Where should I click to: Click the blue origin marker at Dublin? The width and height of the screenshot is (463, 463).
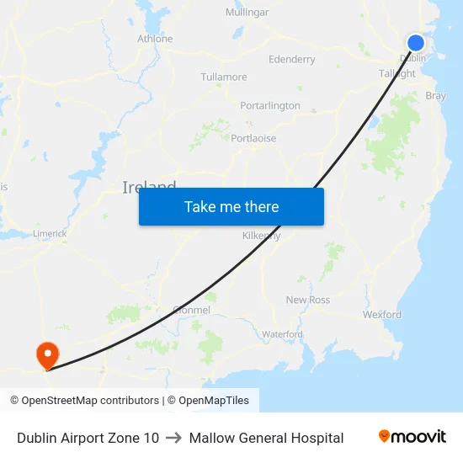416,43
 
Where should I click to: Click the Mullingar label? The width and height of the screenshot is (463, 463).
247,13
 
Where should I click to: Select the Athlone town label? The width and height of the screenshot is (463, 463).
155,39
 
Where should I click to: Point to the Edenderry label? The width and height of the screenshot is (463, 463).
291,60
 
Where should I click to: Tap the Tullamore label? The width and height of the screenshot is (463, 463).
224,77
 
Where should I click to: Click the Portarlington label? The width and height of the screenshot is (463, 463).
270,106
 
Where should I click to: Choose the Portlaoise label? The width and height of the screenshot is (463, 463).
253,139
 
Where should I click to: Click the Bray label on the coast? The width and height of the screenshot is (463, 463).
436,96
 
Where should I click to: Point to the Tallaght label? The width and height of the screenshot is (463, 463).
397,74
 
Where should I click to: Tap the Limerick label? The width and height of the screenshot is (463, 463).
50,234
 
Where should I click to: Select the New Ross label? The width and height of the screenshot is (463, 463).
308,301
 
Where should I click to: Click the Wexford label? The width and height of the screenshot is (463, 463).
382,315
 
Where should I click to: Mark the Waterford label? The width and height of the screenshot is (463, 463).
282,334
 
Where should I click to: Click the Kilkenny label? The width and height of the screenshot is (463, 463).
261,236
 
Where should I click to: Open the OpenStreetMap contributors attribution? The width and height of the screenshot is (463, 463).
84,401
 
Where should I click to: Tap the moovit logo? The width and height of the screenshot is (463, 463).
412,437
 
